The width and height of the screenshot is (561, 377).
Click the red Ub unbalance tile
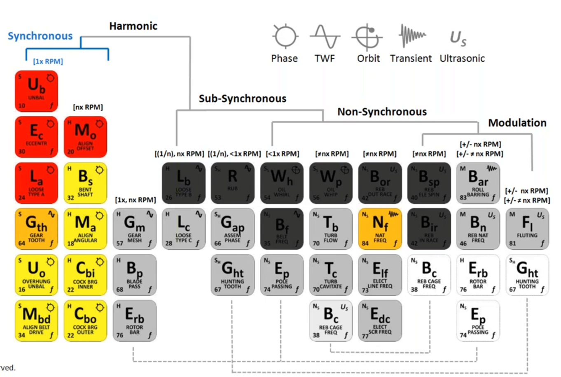(36, 91)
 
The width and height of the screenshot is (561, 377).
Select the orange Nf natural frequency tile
(380, 229)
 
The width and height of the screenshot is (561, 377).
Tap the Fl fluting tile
(527, 229)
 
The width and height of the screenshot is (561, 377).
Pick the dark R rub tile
(232, 183)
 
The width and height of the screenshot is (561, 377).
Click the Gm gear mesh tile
(134, 229)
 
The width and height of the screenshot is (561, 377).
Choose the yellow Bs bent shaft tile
(85, 183)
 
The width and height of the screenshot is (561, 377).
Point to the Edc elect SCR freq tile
(380, 321)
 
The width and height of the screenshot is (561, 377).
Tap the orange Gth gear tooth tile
(36, 229)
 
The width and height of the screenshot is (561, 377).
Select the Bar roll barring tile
(478, 183)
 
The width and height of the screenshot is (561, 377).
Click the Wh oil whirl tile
(282, 183)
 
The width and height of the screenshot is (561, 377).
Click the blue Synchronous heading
(40, 36)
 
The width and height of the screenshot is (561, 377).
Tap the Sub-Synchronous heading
(242, 98)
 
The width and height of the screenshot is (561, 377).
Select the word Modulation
(517, 123)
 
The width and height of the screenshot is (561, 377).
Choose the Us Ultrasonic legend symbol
(458, 38)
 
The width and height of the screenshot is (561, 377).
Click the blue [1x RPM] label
(48, 61)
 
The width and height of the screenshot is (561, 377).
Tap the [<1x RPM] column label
(283, 154)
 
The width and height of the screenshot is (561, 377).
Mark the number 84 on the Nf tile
(365, 244)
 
